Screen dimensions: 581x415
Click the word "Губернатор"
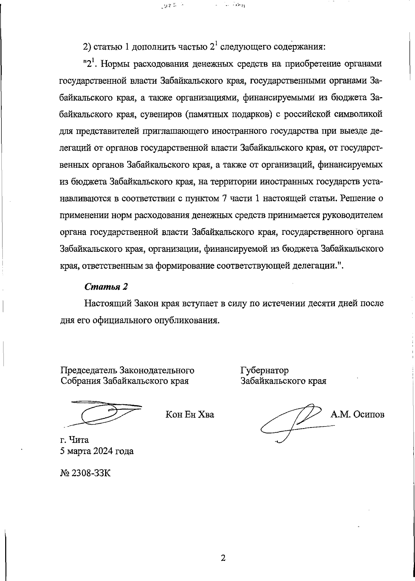(x=265, y=370)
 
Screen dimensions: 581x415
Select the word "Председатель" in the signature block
(x=89, y=370)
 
